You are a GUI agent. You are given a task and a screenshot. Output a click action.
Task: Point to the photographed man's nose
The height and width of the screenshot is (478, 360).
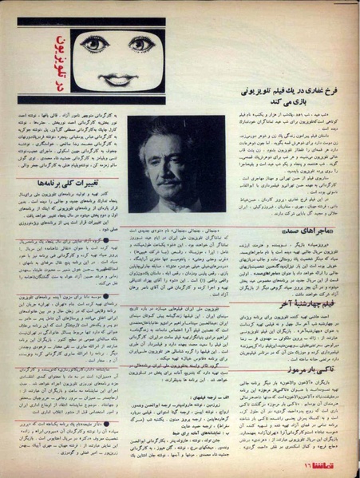pos(176,160)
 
